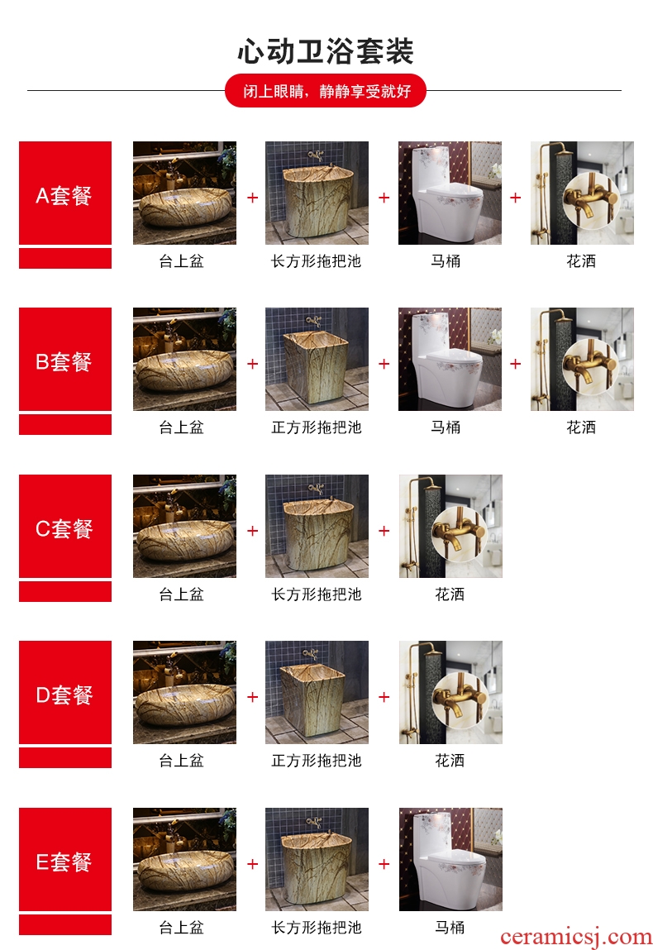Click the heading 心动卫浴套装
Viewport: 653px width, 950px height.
coord(326,51)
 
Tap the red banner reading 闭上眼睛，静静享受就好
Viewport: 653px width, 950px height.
coord(326,91)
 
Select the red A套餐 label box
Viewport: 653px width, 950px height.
coord(65,193)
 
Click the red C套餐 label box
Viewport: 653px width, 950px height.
coord(65,526)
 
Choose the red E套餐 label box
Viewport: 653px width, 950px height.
coord(65,859)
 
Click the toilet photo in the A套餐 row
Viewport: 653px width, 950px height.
coord(450,193)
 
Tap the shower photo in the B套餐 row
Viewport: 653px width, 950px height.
coord(582,360)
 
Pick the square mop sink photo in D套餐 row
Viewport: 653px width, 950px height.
coord(317,693)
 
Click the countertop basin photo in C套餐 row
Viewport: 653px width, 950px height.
coord(185,526)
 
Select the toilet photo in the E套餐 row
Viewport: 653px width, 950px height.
coord(450,859)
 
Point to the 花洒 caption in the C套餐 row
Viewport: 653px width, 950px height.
coord(450,594)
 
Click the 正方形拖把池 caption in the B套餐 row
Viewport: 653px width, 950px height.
coord(317,427)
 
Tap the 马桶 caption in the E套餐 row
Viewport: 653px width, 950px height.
coord(450,928)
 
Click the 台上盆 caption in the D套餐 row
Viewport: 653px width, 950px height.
coord(181,761)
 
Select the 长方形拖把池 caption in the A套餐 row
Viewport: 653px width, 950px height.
coord(317,261)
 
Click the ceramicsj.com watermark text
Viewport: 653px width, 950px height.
coord(576,938)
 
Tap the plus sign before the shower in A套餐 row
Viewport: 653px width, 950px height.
coord(516,198)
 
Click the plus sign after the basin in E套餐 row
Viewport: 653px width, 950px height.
coord(253,864)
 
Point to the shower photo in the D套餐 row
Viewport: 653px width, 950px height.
coord(450,693)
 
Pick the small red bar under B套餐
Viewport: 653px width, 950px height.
coord(65,425)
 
